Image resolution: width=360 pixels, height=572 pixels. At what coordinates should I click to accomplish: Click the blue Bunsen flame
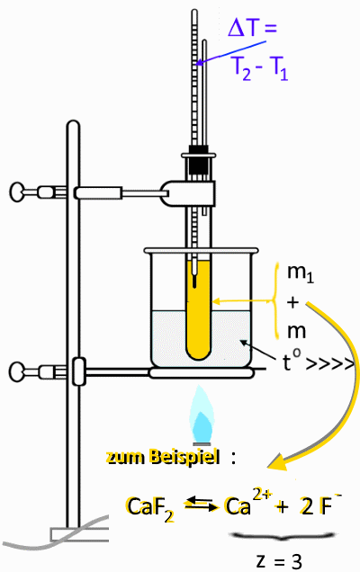tap(201, 416)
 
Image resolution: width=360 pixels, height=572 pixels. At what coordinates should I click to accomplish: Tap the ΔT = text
tap(252, 28)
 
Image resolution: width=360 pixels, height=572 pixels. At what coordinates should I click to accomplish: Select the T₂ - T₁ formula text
tap(260, 68)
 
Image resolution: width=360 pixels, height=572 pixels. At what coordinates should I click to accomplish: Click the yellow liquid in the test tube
tap(198, 310)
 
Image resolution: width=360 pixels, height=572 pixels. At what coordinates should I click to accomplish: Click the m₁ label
tap(300, 273)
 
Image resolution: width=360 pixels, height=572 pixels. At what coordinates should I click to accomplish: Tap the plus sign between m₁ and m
tap(292, 302)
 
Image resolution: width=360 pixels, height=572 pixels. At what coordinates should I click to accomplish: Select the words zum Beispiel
tap(163, 457)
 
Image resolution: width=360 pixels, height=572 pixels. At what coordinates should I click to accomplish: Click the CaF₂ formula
tap(150, 508)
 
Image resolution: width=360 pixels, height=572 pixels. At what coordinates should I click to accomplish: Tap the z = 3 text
tap(279, 560)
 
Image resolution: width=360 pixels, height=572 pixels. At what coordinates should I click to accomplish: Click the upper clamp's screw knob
tap(17, 192)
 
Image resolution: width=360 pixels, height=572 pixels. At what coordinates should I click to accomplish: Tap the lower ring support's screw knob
tap(17, 372)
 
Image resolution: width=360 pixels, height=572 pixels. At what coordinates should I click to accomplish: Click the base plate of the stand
tap(79, 534)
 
